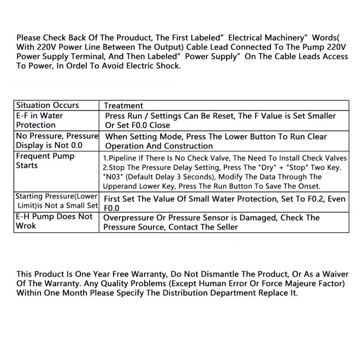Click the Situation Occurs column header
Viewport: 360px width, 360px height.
pyautogui.click(x=47, y=105)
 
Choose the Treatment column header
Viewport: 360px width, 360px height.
pyautogui.click(x=123, y=106)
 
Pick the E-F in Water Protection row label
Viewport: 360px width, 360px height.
pyautogui.click(x=40, y=120)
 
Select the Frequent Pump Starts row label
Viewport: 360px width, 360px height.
pyautogui.click(x=45, y=161)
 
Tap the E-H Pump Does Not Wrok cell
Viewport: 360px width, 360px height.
pyautogui.click(x=54, y=221)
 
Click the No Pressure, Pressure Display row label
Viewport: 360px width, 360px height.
pyautogui.click(x=56, y=140)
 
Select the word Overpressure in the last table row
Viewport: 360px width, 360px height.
pyautogui.click(x=129, y=218)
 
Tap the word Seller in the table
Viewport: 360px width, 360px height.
pyautogui.click(x=225, y=227)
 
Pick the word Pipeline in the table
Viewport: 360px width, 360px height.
pyautogui.click(x=124, y=158)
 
